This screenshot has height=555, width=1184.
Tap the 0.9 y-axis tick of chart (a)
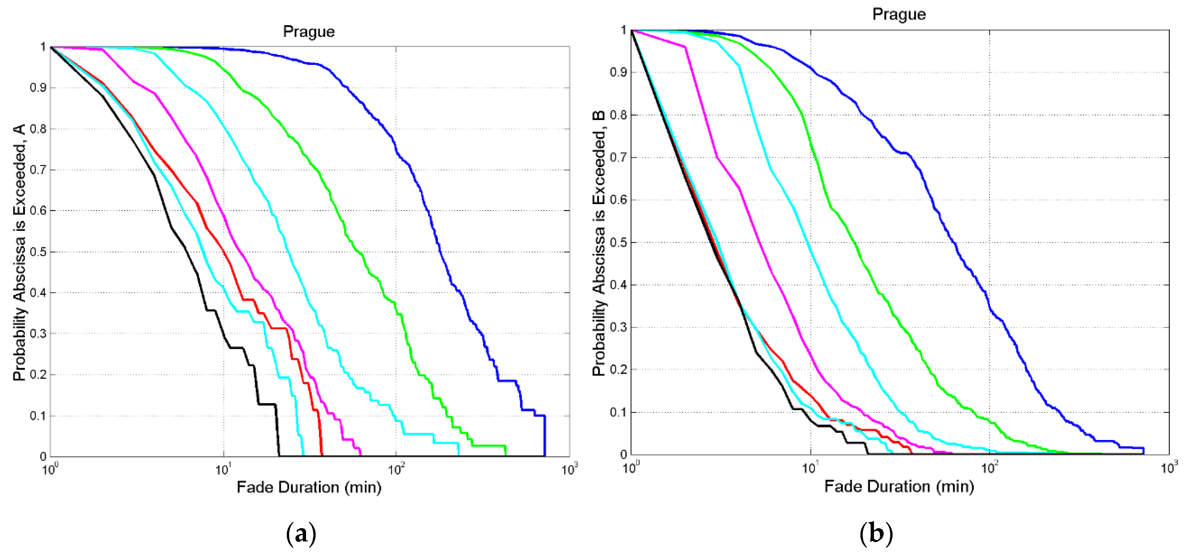point(38,88)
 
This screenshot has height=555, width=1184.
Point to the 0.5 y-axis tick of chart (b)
point(619,242)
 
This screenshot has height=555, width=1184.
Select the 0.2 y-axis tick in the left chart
point(38,374)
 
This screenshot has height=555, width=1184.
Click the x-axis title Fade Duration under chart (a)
point(309,487)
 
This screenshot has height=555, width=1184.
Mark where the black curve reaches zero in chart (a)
point(279,456)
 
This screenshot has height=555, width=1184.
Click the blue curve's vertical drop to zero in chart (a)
point(545,436)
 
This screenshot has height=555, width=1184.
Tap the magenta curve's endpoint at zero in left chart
point(360,455)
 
